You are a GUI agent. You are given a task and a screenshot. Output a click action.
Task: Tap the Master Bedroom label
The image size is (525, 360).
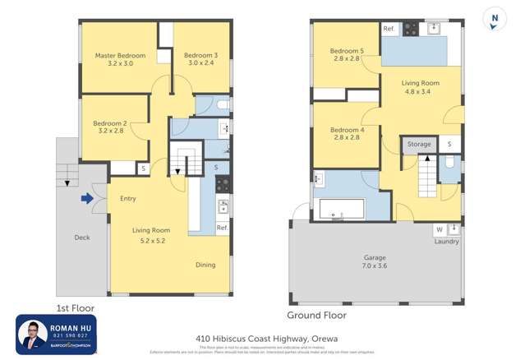[120, 61]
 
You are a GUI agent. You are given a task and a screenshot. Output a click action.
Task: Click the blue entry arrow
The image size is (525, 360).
[87, 197]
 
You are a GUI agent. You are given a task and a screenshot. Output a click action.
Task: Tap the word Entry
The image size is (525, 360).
[127, 198]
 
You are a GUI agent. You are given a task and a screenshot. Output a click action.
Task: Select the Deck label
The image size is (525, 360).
[81, 238]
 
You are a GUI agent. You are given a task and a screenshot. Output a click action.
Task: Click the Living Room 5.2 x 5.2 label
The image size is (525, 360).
[151, 236]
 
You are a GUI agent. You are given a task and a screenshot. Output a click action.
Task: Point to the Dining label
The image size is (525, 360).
[205, 265]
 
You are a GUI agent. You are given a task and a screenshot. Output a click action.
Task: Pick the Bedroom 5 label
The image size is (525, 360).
[347, 55]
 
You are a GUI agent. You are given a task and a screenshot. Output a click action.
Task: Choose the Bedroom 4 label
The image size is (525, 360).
[347, 134]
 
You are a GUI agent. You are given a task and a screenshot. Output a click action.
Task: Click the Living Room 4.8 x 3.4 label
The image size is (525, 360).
[420, 87]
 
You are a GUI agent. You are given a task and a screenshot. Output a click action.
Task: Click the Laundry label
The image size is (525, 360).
[447, 242]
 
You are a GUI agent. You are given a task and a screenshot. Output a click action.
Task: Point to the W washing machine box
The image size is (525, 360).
[439, 229]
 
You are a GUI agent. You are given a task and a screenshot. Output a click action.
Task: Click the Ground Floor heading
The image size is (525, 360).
[316, 315]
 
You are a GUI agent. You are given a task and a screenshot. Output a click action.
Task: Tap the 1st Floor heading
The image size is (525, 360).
[72, 308]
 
